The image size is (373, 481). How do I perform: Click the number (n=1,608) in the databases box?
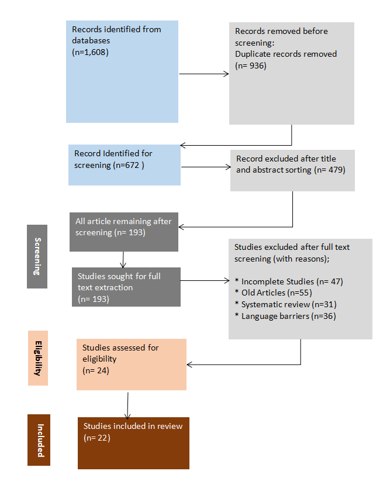[x=90, y=52]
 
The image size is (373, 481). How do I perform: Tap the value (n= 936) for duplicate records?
[x=251, y=66]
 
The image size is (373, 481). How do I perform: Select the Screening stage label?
[x=37, y=256]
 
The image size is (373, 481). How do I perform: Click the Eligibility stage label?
[x=38, y=358]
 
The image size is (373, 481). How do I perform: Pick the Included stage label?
[x=39, y=440]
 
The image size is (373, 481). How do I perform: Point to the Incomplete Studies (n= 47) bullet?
[x=289, y=281]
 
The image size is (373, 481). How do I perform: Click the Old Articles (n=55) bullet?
[x=274, y=293]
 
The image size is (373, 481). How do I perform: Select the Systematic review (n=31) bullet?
[x=286, y=304]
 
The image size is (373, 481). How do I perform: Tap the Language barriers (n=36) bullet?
[x=285, y=316]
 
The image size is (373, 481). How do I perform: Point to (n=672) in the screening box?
[x=129, y=166]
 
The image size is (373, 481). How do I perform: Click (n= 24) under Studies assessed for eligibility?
[x=96, y=370]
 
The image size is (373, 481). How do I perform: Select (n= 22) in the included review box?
[x=97, y=438]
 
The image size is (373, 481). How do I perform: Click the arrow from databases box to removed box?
[x=204, y=74]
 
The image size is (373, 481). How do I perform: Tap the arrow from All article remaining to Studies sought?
[x=123, y=260]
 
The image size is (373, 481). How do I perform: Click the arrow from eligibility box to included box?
[x=127, y=406]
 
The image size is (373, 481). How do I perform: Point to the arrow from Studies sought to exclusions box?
[x=205, y=280]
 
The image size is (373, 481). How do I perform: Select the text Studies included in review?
[x=133, y=426]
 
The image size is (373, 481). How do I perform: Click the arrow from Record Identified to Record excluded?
[x=206, y=167]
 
